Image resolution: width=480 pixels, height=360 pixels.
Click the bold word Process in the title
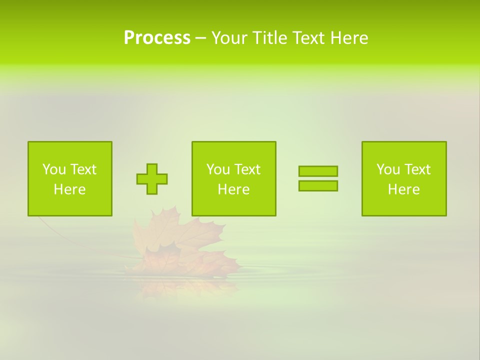click(157, 38)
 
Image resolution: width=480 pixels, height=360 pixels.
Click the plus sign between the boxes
click(152, 179)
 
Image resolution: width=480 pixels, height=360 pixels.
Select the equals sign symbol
click(318, 178)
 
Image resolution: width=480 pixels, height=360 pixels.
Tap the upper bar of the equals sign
click(318, 171)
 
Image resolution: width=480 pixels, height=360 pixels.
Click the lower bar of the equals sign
click(318, 185)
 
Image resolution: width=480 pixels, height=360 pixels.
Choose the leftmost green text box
click(70, 178)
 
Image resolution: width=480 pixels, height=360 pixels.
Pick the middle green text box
click(234, 178)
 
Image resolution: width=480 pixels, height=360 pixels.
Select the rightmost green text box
click(404, 178)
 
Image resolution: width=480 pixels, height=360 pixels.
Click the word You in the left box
click(54, 169)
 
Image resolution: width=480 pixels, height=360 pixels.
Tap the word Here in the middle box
click(234, 189)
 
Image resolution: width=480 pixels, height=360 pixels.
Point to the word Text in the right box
click(417, 169)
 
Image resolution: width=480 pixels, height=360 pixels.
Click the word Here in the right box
click(404, 189)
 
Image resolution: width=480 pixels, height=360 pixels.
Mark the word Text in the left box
click(82, 169)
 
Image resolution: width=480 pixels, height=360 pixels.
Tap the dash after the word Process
click(200, 38)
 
